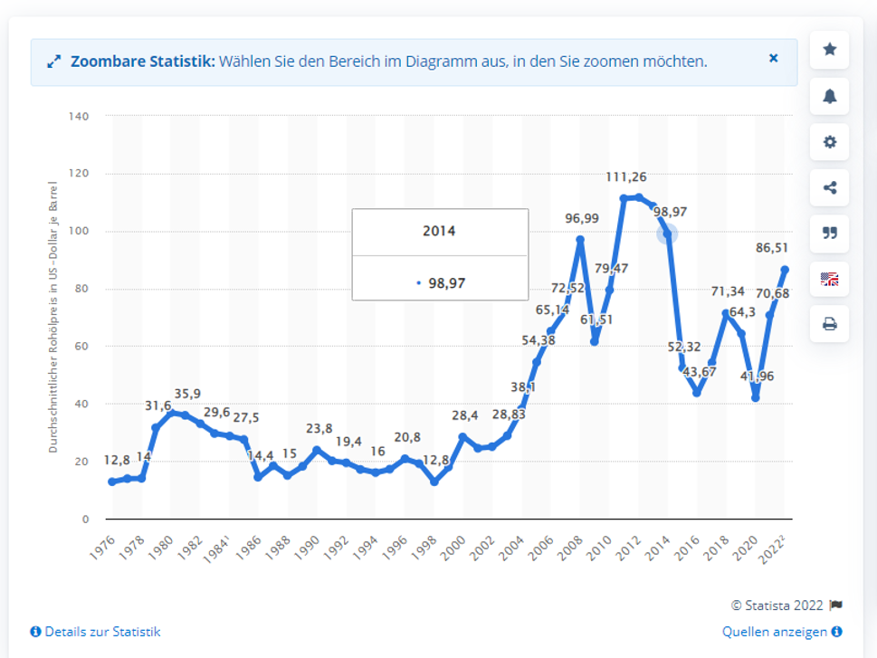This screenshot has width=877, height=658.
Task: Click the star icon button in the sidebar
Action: click(829, 50)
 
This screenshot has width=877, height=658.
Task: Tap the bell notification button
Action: click(829, 96)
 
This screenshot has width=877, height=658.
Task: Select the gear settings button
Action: click(829, 142)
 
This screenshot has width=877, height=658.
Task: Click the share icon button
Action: click(829, 187)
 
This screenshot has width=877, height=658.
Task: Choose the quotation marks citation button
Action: click(829, 233)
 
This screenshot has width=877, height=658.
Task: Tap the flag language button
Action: click(829, 279)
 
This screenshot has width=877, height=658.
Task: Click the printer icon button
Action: click(829, 324)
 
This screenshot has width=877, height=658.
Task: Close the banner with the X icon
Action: click(773, 58)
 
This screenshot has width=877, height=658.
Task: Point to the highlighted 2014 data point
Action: click(667, 234)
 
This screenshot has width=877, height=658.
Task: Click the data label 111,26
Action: click(626, 176)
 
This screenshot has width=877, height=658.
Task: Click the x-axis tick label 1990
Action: click(309, 547)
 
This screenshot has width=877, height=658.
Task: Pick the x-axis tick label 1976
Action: click(104, 547)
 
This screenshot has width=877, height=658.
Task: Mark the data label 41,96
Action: click(756, 376)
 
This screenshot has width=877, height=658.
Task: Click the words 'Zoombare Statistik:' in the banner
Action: click(142, 62)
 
